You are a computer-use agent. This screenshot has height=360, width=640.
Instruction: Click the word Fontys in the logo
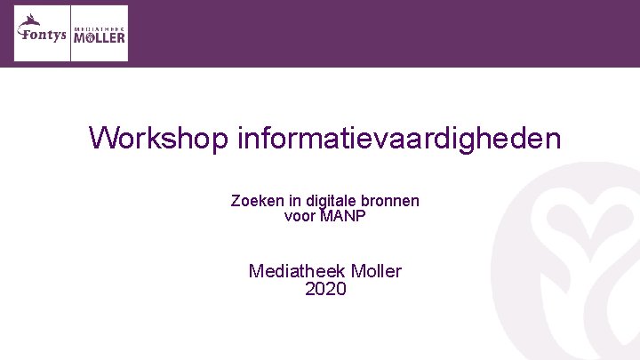44,36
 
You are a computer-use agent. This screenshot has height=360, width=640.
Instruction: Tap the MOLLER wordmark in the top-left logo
99,38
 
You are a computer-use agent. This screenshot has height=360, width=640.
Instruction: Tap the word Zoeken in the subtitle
254,201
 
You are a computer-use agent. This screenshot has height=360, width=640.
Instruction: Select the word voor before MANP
300,215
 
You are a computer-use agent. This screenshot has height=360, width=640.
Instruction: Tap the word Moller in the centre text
377,271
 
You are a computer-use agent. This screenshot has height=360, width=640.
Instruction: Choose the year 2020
325,289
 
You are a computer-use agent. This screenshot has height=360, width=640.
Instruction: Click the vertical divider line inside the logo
70,33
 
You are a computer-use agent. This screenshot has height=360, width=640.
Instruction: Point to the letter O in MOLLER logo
87,38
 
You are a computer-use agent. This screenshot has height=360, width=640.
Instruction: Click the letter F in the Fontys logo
22,36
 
